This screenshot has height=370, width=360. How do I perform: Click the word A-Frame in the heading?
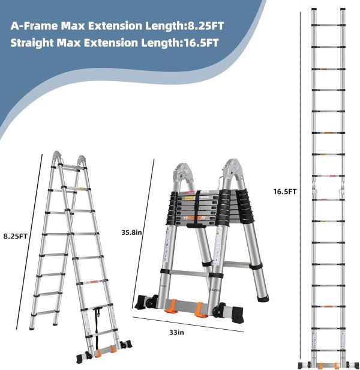click(32, 27)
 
